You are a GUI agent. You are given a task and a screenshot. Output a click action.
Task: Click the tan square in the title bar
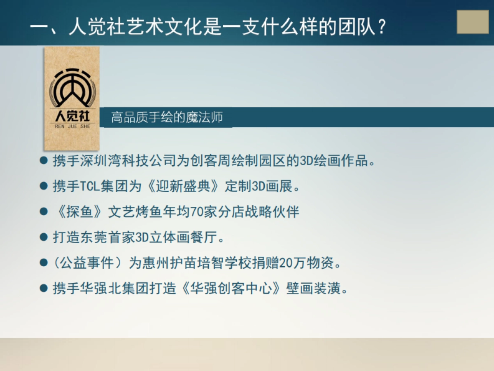(x=473, y=22)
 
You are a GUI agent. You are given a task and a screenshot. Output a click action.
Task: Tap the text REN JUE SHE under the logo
(x=72, y=127)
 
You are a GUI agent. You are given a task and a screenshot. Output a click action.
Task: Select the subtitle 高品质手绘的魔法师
(x=167, y=117)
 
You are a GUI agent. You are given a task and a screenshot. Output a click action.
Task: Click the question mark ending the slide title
(x=382, y=28)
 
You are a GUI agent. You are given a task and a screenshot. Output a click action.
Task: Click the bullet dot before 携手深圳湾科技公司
(x=44, y=160)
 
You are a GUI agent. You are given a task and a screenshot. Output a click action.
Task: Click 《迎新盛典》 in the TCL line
(x=182, y=186)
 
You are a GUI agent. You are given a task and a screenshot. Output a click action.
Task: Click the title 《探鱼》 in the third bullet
(x=78, y=212)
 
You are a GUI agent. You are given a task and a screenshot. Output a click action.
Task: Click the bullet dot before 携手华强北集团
(x=44, y=288)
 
